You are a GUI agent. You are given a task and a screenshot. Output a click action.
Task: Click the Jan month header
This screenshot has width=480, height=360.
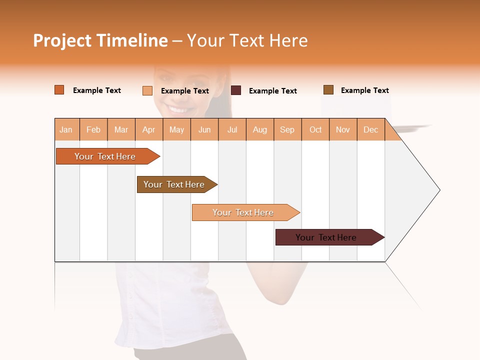click(x=66, y=129)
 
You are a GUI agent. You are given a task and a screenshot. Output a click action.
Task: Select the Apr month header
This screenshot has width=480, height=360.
click(x=148, y=129)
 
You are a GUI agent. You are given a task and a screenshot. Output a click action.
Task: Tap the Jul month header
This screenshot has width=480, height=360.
click(x=232, y=129)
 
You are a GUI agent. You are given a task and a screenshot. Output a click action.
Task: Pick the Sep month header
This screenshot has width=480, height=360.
click(x=287, y=129)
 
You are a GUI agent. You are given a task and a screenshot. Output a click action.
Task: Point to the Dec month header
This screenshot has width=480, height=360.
click(x=370, y=129)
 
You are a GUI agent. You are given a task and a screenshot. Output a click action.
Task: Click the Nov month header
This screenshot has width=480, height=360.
click(x=342, y=129)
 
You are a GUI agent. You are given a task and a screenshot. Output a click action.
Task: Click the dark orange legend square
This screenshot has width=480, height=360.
click(x=59, y=90)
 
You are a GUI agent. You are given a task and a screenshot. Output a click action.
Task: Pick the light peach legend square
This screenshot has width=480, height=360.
click(x=147, y=90)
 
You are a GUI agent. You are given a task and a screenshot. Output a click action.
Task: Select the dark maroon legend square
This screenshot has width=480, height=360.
click(x=235, y=90)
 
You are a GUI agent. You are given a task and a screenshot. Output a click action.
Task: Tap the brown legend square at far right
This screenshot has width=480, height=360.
click(x=328, y=89)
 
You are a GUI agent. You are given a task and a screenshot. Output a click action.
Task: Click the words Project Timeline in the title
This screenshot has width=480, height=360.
click(x=100, y=40)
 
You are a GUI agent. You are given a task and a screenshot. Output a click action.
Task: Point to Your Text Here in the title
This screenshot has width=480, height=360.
click(x=247, y=40)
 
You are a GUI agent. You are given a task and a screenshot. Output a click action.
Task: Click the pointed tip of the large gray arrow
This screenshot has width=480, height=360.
click(x=438, y=190)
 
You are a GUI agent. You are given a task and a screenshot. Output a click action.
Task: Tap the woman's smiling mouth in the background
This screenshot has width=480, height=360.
click(x=178, y=108)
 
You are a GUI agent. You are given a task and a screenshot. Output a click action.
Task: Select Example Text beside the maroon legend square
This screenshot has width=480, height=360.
click(x=272, y=91)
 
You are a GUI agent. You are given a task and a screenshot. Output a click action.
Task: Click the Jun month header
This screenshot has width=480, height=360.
click(x=204, y=129)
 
